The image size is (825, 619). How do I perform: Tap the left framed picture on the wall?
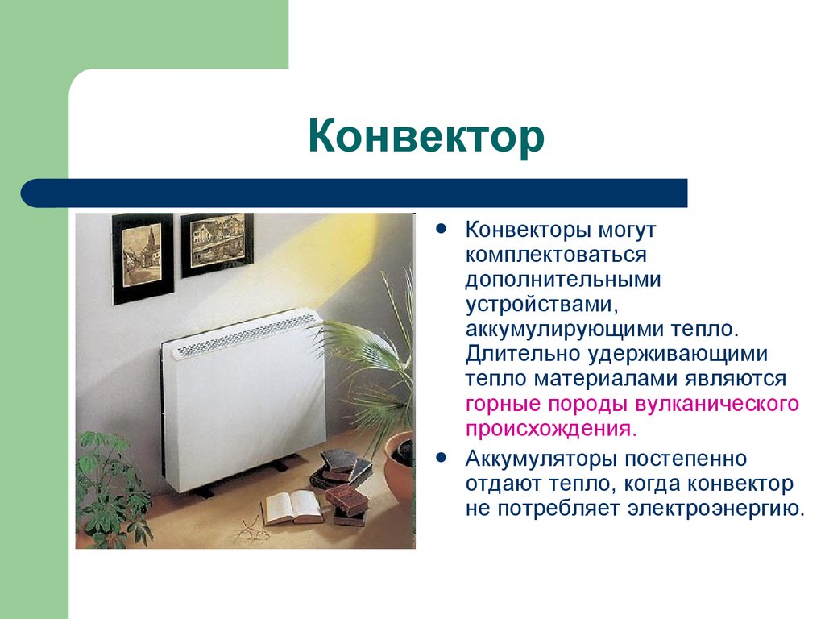click(x=143, y=257)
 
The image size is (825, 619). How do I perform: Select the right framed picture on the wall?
click(x=217, y=241)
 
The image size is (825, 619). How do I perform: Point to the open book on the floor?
click(x=291, y=507)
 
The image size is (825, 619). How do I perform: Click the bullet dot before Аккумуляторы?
click(x=441, y=457)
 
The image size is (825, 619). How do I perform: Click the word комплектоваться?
click(x=545, y=255)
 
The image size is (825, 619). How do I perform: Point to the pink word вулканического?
click(x=717, y=404)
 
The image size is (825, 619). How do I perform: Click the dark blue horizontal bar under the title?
click(x=354, y=193)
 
